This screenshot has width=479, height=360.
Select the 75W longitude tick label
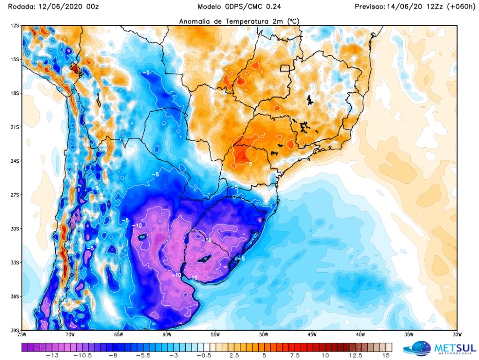coord(22,335)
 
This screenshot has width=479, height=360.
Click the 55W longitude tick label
coord(215,335)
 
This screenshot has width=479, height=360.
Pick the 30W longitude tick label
coord(457,335)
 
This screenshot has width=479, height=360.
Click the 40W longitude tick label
coord(360,335)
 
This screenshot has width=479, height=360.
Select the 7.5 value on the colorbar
coord(295,356)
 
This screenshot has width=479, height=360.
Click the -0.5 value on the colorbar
coord(202,356)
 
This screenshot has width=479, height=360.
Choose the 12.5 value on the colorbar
coord(356,356)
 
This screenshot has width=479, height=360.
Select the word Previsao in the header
coord(370,7)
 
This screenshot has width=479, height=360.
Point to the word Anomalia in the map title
coord(197,21)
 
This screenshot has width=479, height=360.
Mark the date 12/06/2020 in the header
coord(57,7)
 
